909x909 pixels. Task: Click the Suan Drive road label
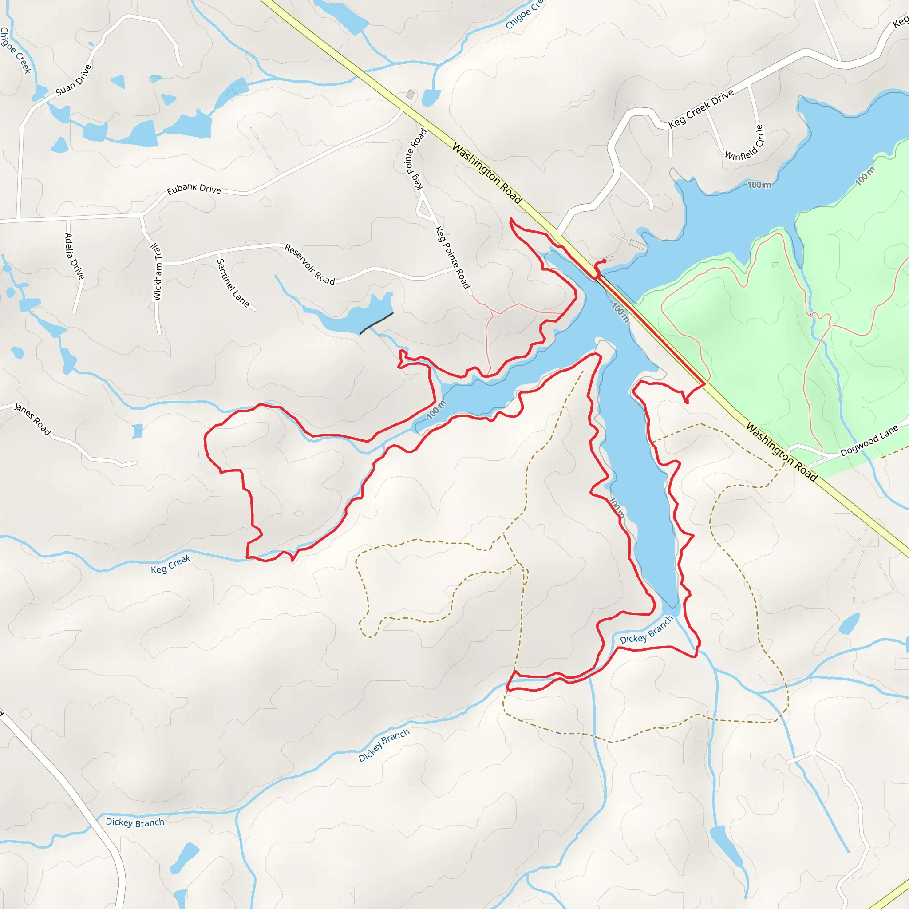tap(73, 80)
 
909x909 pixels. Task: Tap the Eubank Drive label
tap(194, 189)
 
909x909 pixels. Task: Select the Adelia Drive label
tap(74, 256)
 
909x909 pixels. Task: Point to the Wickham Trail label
tap(157, 272)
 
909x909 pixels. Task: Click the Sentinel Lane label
tap(233, 283)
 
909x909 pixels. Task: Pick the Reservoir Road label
tap(310, 265)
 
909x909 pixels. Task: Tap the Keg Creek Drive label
tap(700, 108)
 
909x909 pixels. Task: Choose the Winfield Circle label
tap(745, 143)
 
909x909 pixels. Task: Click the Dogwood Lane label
tap(869, 440)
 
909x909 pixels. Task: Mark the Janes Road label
tap(32, 418)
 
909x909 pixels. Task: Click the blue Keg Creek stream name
tap(170, 564)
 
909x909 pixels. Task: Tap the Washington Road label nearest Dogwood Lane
tap(782, 451)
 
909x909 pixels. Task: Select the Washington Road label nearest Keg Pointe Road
tap(487, 174)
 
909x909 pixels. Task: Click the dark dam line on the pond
tap(376, 323)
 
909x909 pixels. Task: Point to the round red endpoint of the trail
tap(604, 261)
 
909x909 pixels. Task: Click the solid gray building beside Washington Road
tap(410, 95)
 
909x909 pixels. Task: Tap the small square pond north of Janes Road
tap(138, 431)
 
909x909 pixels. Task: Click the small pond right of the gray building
tap(431, 97)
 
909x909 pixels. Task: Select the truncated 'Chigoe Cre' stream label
tap(523, 16)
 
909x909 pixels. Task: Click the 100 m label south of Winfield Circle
tap(759, 185)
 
